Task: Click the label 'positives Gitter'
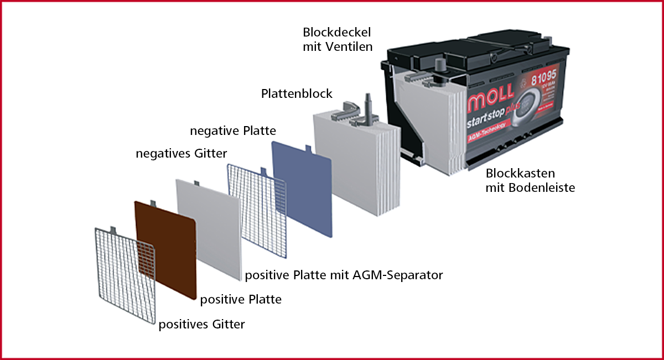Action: pyautogui.click(x=201, y=325)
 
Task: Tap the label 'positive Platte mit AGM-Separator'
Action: pyautogui.click(x=344, y=275)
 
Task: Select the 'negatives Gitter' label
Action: pyautogui.click(x=181, y=153)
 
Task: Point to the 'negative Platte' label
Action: pyautogui.click(x=232, y=131)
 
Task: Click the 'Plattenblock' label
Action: pyautogui.click(x=297, y=93)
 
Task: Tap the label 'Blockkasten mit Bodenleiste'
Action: pyautogui.click(x=530, y=180)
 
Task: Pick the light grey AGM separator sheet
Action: pyautogui.click(x=207, y=227)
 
